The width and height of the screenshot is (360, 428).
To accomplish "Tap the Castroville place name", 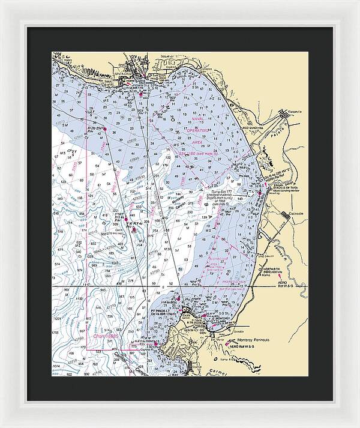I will pyautogui.click(x=296, y=213).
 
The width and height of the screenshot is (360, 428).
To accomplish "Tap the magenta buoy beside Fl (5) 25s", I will pyautogui.click(x=104, y=128).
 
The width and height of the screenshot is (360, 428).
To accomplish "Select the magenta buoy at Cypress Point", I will pyautogui.click(x=157, y=344).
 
